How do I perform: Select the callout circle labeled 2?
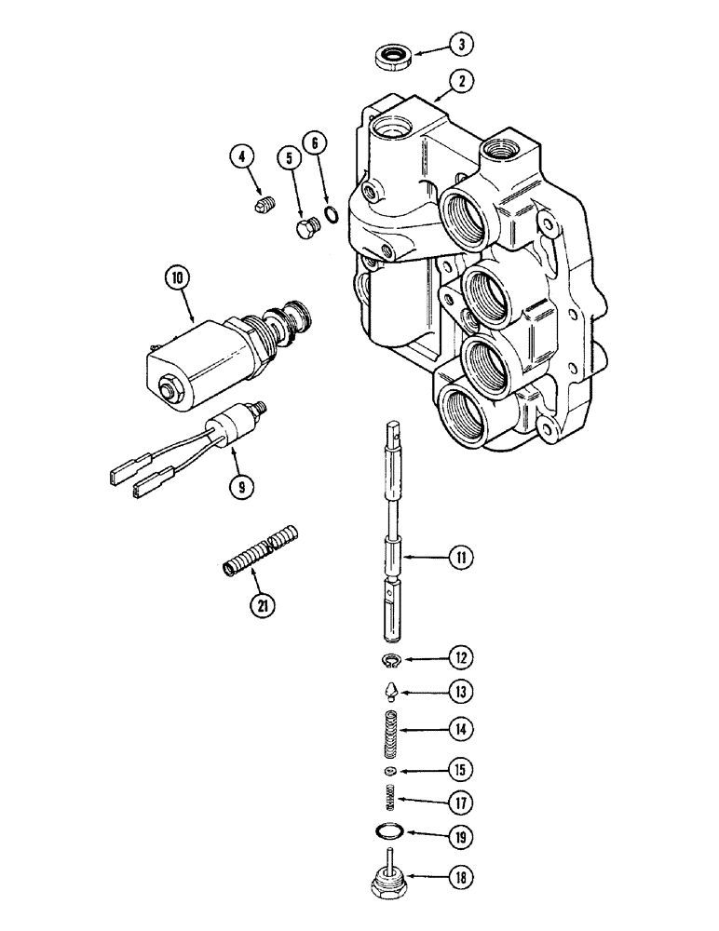point(457,82)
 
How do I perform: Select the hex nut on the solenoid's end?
point(171,386)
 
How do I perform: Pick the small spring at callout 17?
point(392,797)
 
